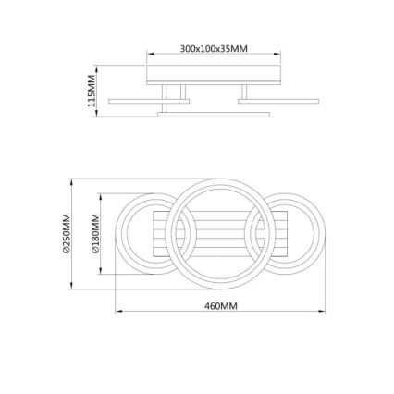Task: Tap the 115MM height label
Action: tap(91, 92)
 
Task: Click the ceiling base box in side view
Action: tap(214, 74)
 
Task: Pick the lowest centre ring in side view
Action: tap(214, 116)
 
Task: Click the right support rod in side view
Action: tap(244, 92)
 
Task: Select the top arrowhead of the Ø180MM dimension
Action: tap(102, 197)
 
